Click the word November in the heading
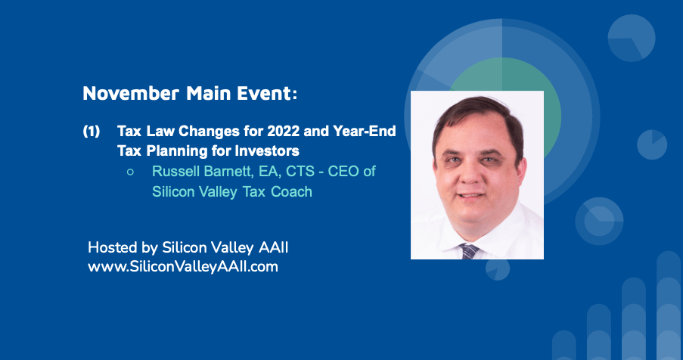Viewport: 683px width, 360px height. pyautogui.click(x=131, y=93)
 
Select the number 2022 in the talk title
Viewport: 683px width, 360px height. pyautogui.click(x=283, y=131)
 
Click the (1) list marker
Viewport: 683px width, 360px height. pyautogui.click(x=92, y=131)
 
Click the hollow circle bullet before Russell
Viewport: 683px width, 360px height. pyautogui.click(x=130, y=172)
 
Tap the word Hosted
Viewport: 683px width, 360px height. pyautogui.click(x=113, y=247)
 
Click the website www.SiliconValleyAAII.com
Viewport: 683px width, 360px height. pyautogui.click(x=183, y=266)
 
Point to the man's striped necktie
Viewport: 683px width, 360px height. pyautogui.click(x=469, y=251)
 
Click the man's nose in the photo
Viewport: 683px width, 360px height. pyautogui.click(x=470, y=172)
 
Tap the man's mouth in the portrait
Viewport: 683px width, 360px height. pyautogui.click(x=471, y=196)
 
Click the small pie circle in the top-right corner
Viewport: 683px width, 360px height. pyautogui.click(x=631, y=38)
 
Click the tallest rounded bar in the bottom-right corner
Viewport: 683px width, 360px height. pyautogui.click(x=668, y=305)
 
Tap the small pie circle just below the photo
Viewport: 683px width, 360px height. pyautogui.click(x=498, y=270)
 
